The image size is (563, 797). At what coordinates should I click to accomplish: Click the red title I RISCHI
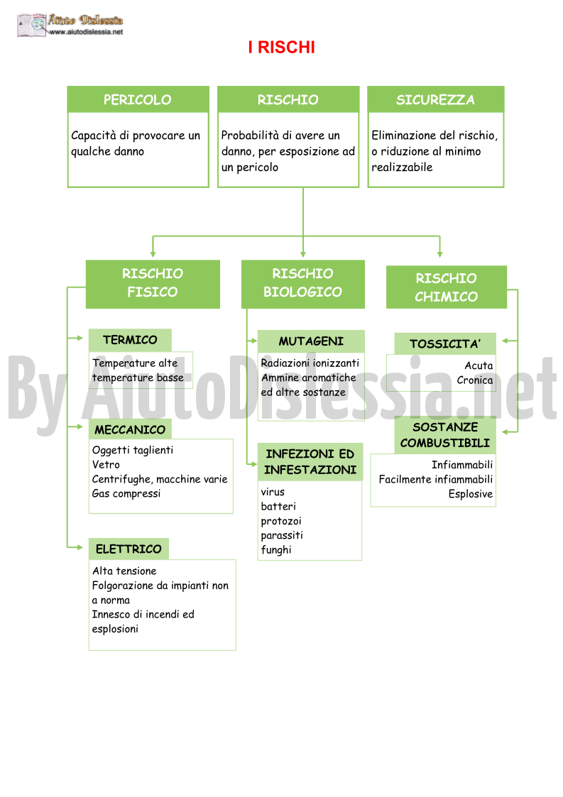coord(281,48)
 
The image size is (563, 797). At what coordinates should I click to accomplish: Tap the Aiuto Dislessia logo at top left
coord(70,25)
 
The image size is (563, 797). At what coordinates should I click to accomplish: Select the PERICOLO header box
coord(138,99)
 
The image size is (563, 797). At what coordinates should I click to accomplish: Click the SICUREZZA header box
coord(435,99)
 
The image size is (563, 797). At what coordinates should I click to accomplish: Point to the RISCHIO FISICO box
coord(153,284)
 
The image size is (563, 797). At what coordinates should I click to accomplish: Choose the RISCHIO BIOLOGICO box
coord(302,284)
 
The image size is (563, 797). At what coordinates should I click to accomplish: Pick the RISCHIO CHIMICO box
coord(446,287)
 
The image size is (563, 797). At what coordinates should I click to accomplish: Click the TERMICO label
coord(130,340)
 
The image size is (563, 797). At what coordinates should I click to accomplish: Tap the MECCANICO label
coord(130,429)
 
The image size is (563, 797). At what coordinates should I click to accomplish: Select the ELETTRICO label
coord(129,549)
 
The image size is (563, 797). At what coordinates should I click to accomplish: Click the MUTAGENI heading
coord(311,341)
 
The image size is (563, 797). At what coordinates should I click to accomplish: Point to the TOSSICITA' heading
coord(445,344)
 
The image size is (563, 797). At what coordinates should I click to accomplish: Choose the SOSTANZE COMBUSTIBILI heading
coord(445,435)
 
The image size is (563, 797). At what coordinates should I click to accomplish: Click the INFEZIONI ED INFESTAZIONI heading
coord(310,462)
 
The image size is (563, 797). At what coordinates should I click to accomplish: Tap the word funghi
coord(276,550)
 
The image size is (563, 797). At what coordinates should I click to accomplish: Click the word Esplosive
coord(471,494)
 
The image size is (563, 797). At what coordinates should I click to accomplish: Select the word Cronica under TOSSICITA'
coord(474,380)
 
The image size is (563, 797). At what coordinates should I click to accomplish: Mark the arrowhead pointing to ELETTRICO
coord(80,547)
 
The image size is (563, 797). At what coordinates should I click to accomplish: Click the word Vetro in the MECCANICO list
coord(106,465)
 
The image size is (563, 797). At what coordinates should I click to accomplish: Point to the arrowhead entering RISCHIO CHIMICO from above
coord(440,253)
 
